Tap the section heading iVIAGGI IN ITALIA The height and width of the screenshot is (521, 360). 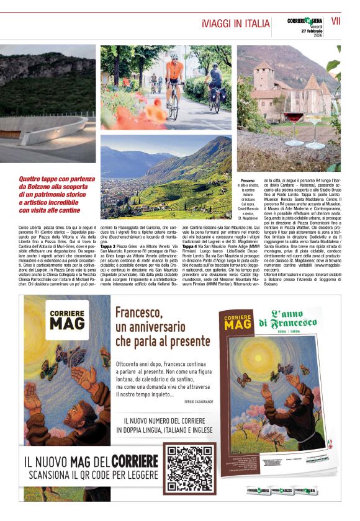pyautogui.click(x=236, y=23)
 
